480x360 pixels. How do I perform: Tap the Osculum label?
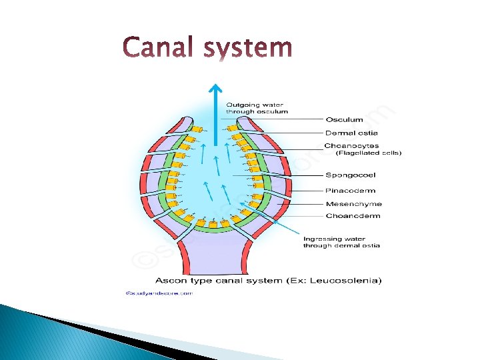pyautogui.click(x=344, y=120)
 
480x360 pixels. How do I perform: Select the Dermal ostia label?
pyautogui.click(x=351, y=133)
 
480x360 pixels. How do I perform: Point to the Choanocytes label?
pyautogui.click(x=351, y=146)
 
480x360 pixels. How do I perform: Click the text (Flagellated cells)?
pyautogui.click(x=368, y=153)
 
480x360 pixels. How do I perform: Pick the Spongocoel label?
pyautogui.click(x=351, y=175)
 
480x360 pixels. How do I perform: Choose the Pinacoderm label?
pyautogui.click(x=351, y=191)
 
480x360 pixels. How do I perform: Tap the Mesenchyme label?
pyautogui.click(x=353, y=204)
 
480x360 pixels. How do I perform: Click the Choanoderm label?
pyautogui.click(x=353, y=216)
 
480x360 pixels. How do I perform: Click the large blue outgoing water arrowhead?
pyautogui.click(x=215, y=89)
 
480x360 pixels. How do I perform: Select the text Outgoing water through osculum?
pyautogui.click(x=257, y=108)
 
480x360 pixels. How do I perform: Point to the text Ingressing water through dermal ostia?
pyautogui.click(x=341, y=242)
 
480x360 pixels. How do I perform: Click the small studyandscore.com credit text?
pyautogui.click(x=158, y=293)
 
